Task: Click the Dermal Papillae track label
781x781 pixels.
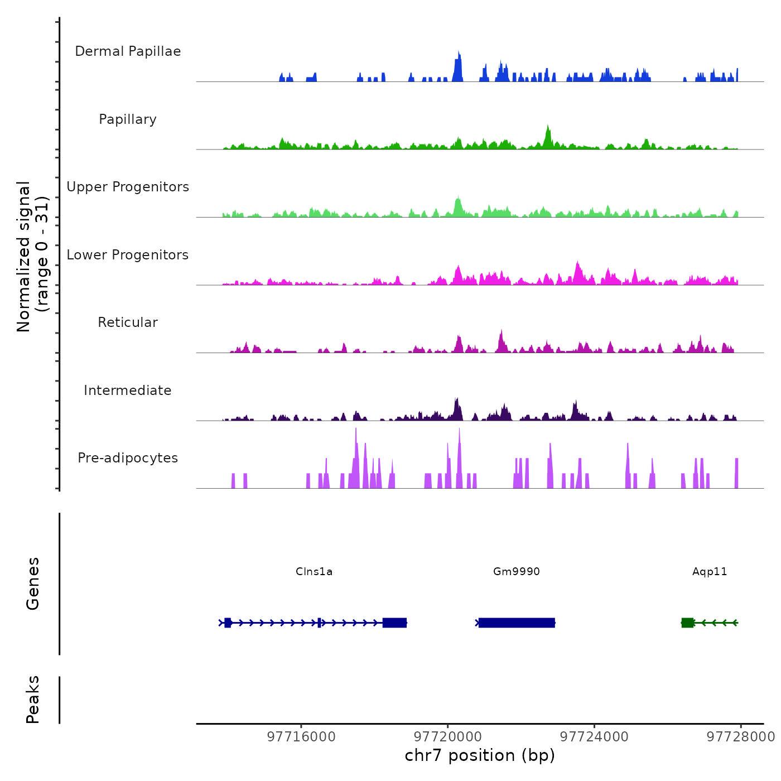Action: coord(128,51)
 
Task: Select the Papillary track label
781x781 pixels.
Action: coord(128,119)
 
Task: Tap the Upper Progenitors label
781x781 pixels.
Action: coord(128,187)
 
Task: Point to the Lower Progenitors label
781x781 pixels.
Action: coord(128,255)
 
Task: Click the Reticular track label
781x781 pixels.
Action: coord(128,322)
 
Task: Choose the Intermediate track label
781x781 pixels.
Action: coord(128,390)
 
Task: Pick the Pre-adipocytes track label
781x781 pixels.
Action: coord(128,458)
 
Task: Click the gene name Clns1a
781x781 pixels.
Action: coord(314,572)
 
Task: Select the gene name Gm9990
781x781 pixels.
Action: coord(517,572)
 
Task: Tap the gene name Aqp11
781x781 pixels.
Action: coord(710,572)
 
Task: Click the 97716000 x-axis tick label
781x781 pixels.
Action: coord(301,737)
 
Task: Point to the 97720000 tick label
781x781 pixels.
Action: coord(448,737)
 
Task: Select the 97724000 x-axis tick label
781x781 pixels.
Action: coord(594,737)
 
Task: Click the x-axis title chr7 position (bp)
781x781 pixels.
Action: coord(480,755)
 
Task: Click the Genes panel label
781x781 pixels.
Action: coord(33,584)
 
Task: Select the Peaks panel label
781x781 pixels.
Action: coord(33,700)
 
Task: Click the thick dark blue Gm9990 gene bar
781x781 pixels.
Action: coord(517,623)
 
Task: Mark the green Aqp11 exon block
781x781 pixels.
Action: coord(687,623)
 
